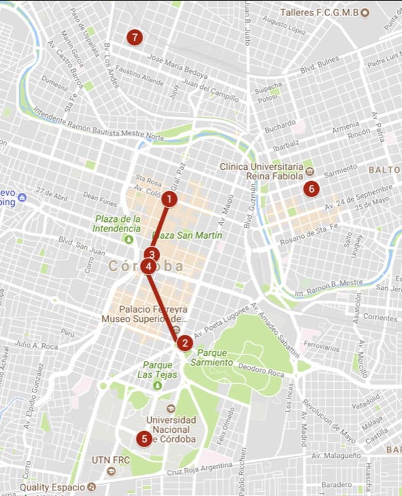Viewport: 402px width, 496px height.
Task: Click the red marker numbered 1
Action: tap(168, 199)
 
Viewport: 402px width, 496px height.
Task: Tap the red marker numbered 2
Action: tap(184, 342)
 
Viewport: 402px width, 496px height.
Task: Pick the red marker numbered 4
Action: tap(148, 266)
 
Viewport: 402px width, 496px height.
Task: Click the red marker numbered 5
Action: tap(144, 438)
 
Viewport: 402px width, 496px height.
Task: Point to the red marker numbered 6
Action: tap(311, 188)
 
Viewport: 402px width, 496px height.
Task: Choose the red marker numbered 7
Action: tap(134, 37)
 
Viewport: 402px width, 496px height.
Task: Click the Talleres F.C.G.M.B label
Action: tap(319, 12)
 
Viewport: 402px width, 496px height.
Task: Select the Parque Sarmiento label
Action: tap(214, 357)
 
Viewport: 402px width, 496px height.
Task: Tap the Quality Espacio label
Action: tap(54, 487)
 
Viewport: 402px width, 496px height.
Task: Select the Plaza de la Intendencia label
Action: tap(118, 224)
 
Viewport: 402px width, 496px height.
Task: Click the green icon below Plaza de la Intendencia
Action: tap(129, 239)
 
